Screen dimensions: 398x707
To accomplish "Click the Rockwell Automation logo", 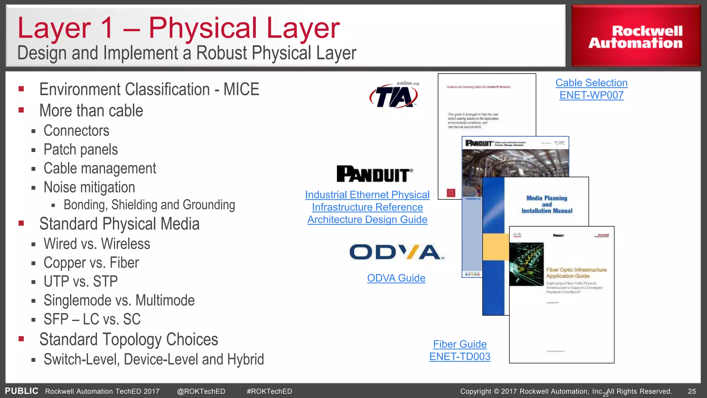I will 636,37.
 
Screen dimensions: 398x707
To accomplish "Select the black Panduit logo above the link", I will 374,174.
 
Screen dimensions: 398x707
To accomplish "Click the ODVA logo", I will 396,252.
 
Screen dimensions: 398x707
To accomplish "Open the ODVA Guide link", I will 396,278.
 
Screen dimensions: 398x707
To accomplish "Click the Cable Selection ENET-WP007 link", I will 591,89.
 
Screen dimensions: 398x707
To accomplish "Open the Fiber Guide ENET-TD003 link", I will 459,350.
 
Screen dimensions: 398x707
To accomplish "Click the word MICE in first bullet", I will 241,89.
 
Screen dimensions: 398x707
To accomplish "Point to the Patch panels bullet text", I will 80,150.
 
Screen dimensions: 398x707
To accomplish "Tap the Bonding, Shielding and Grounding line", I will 149,205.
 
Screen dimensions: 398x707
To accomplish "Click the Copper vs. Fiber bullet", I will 91,263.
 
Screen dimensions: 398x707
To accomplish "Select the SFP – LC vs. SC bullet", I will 92,319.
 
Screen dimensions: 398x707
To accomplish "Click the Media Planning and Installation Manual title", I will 547,205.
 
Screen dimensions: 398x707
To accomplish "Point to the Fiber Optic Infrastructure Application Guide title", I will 576,273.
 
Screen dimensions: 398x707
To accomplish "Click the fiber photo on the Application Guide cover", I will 526,264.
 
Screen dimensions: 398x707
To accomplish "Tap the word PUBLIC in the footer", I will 21,391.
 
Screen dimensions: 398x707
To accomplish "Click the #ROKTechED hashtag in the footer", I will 269,391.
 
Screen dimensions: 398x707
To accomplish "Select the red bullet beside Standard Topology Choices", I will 21,339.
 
